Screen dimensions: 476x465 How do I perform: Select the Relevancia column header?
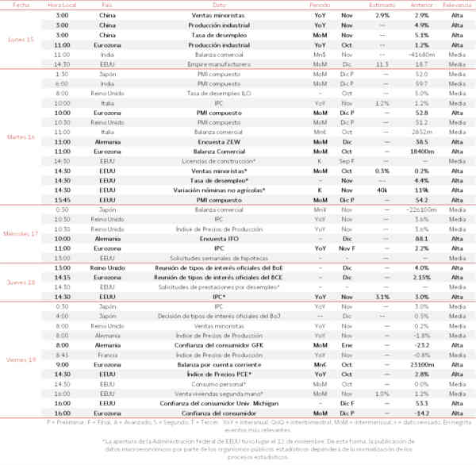(x=456, y=5)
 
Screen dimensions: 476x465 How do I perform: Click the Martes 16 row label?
(x=21, y=137)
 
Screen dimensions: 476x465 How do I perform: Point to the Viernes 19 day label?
(x=21, y=360)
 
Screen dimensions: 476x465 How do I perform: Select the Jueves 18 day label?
(x=21, y=282)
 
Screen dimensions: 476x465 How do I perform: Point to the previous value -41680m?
(x=422, y=54)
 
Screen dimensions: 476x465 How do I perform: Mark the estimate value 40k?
(x=382, y=190)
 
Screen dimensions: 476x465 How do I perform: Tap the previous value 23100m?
(x=422, y=364)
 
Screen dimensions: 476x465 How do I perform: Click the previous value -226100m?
(x=422, y=209)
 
